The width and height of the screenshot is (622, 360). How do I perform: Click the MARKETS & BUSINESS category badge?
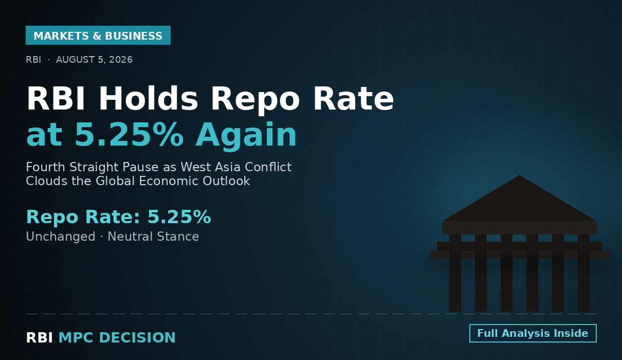click(x=98, y=35)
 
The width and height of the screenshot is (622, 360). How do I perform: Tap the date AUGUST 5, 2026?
click(x=95, y=60)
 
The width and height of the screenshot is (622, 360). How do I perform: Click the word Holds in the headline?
click(x=148, y=99)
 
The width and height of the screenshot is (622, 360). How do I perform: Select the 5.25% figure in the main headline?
click(x=130, y=135)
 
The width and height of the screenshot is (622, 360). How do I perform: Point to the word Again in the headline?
click(x=246, y=136)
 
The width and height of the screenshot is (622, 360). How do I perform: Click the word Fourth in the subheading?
click(x=45, y=167)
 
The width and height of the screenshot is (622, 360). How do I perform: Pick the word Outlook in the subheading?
click(x=226, y=181)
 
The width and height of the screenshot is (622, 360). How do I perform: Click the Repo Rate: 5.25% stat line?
click(x=119, y=217)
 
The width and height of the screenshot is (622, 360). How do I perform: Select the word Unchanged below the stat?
click(x=61, y=237)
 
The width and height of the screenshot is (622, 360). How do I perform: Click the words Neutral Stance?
click(x=153, y=237)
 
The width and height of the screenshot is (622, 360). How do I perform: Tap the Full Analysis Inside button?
click(x=533, y=333)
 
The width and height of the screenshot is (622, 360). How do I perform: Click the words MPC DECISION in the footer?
click(x=117, y=338)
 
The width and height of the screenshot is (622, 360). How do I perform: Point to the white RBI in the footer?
click(x=39, y=338)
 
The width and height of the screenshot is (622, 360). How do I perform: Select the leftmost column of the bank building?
click(x=455, y=273)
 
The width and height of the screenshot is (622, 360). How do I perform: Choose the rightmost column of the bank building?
click(x=583, y=273)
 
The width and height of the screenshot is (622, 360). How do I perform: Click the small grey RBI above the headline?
click(x=33, y=60)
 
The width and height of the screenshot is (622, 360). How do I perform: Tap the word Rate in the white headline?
click(x=354, y=99)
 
